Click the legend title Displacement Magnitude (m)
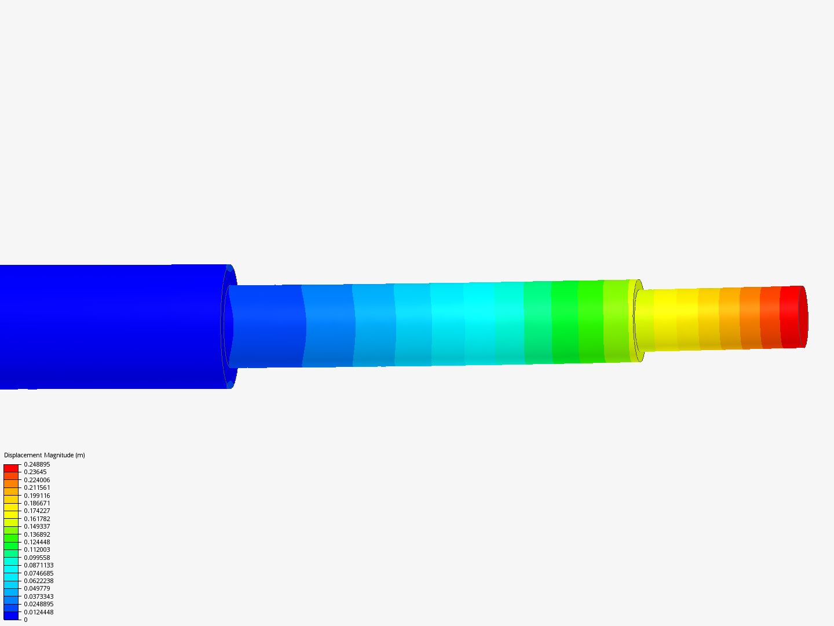pos(45,455)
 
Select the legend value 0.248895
pos(36,464)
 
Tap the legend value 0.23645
pos(35,472)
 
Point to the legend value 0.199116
pos(36,496)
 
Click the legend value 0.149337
pos(36,526)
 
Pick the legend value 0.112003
pos(36,549)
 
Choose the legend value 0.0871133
pos(38,565)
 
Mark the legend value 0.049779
pos(36,588)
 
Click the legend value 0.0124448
pos(38,612)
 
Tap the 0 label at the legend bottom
pos(25,620)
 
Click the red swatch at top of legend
pos(11,468)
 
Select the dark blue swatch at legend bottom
pos(11,616)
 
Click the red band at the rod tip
pos(789,317)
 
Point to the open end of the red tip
pos(803,317)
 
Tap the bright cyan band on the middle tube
pos(481,323)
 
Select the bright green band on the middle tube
pos(565,322)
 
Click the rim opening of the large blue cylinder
pos(229,326)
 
